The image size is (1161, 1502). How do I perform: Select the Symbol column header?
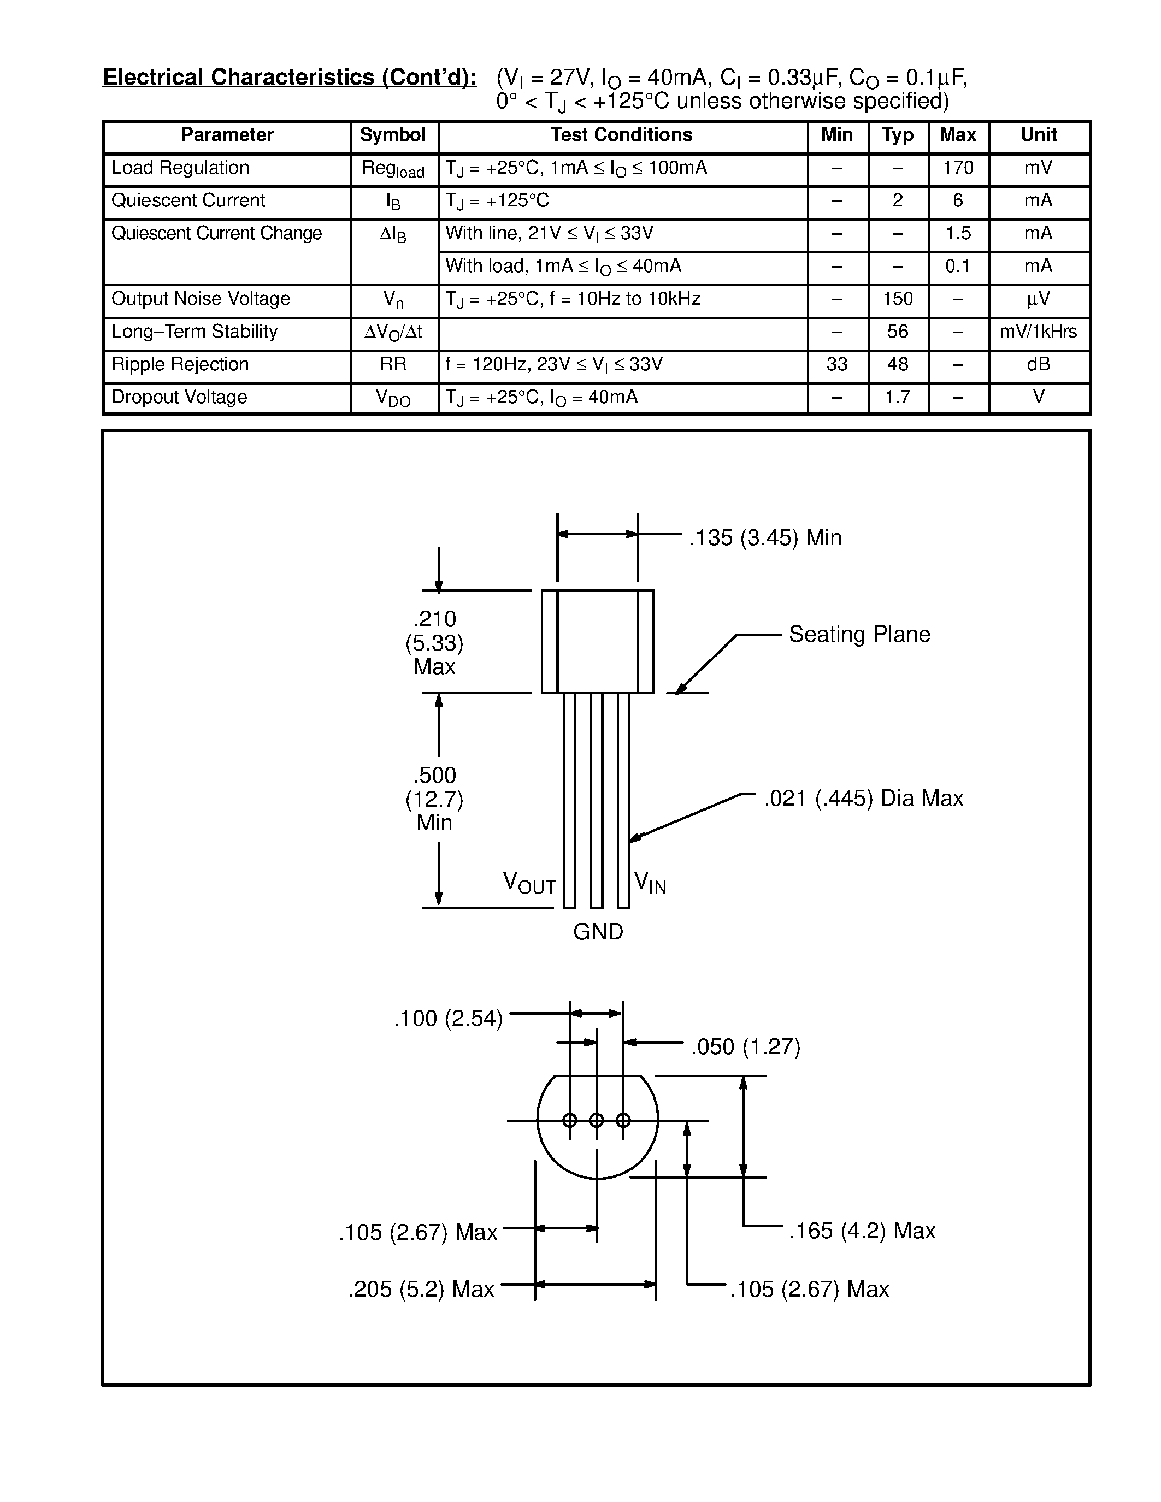pos(393,135)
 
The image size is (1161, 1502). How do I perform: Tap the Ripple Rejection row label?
pos(180,364)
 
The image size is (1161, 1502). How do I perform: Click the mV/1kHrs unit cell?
pos(1038,332)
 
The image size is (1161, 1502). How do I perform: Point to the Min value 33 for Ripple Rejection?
pos(836,364)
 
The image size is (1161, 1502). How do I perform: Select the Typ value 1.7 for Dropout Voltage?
pos(897,397)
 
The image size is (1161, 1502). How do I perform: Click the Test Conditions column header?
pos(621,135)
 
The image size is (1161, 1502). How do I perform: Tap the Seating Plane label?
pos(858,634)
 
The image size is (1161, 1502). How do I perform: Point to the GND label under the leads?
pos(598,931)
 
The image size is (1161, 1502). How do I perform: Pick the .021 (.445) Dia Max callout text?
pos(863,798)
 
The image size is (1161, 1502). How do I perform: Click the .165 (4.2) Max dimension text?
pos(861,1231)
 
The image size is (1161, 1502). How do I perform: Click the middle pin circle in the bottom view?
pos(596,1120)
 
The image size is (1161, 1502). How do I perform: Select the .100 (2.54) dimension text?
pos(448,1019)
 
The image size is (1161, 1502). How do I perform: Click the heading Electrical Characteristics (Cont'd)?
pos(290,77)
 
